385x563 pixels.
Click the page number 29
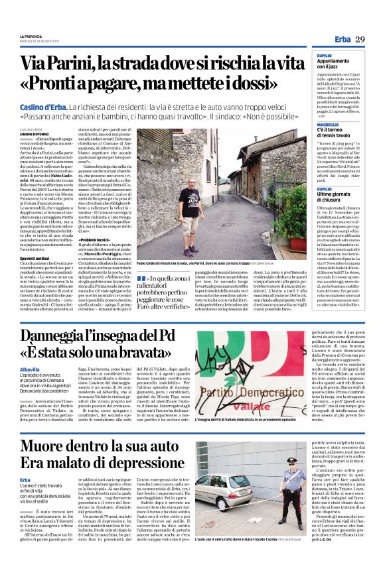coord(360,40)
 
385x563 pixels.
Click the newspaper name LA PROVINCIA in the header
coord(32,36)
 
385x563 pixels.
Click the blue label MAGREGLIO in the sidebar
coord(328,106)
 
